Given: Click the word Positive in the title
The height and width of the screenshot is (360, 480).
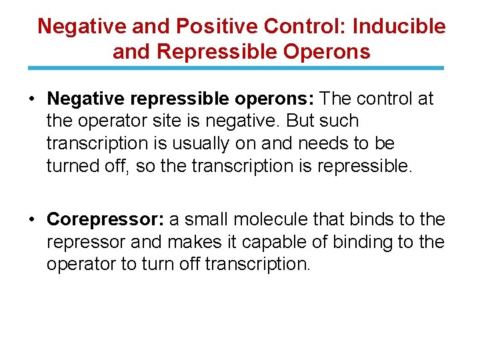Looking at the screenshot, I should [x=218, y=27].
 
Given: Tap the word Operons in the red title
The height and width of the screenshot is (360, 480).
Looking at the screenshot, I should [x=331, y=51].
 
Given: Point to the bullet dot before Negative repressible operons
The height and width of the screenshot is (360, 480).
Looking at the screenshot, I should [x=32, y=99].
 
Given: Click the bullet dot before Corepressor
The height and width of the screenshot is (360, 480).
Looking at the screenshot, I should [x=32, y=219].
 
